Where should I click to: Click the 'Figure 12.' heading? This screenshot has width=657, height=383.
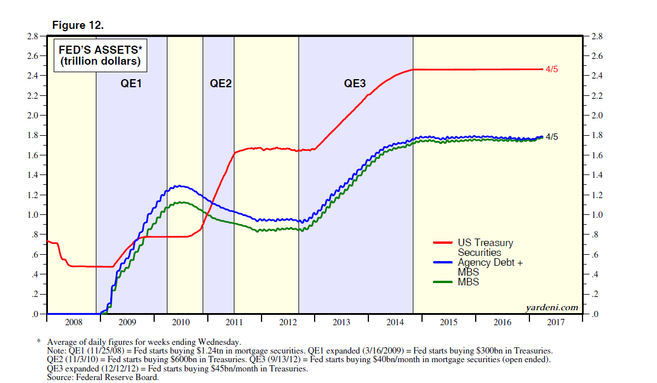click(x=78, y=25)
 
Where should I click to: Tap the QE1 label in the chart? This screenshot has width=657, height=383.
click(x=131, y=83)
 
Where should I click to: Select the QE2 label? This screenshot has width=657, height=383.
click(x=221, y=83)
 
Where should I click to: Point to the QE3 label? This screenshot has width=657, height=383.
click(x=355, y=83)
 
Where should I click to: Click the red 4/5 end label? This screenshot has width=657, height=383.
click(x=552, y=69)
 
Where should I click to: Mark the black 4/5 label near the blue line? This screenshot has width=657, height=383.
click(x=552, y=137)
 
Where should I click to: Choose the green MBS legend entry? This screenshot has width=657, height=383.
click(x=468, y=282)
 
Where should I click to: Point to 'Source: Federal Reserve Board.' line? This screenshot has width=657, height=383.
click(x=103, y=377)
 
